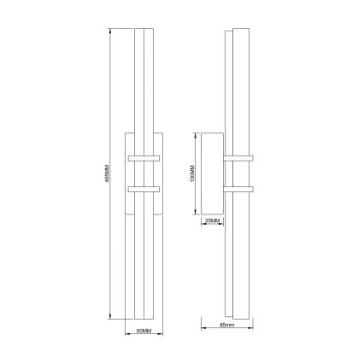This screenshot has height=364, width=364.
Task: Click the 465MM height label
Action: (105, 178)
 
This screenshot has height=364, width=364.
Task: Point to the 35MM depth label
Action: (213, 221)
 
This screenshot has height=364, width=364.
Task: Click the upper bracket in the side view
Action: (239, 160)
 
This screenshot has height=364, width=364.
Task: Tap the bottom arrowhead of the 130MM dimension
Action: (197, 214)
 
